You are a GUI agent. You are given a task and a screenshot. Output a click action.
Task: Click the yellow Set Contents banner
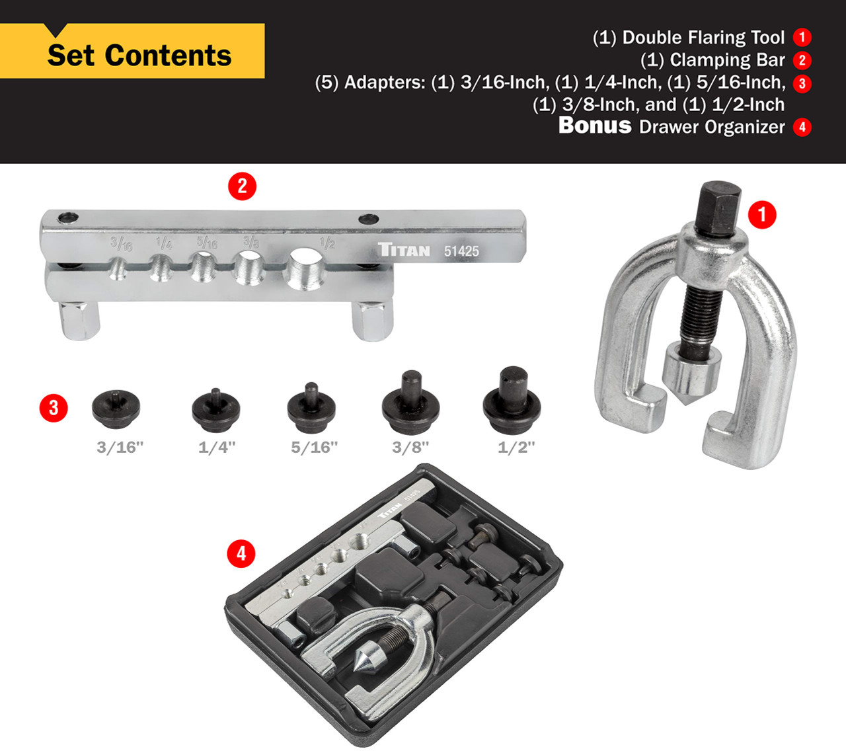[x=139, y=55]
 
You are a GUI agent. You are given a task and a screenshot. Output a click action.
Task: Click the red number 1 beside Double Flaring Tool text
[x=802, y=38]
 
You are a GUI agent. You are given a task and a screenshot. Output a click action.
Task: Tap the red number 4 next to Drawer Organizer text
[x=802, y=127]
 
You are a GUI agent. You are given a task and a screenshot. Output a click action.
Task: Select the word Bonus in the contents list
[x=595, y=125]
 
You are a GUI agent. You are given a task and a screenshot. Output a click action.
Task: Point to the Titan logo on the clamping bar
[x=404, y=250]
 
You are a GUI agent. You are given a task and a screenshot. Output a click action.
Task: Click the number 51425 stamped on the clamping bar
[x=461, y=251]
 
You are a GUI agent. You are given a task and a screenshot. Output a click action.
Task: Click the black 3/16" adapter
[x=116, y=407]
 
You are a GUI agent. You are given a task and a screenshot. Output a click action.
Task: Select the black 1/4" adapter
[x=215, y=409]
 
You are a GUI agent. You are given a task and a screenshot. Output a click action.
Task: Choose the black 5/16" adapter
[x=311, y=407]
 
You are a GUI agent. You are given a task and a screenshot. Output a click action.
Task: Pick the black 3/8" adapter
[x=410, y=401]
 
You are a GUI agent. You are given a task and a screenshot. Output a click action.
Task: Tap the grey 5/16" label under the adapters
[x=314, y=448]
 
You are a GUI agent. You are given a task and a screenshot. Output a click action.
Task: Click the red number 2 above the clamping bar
[x=242, y=186]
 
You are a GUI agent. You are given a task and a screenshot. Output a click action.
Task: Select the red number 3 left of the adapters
[x=54, y=408]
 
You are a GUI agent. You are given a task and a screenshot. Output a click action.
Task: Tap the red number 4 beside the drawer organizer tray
[x=241, y=553]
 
